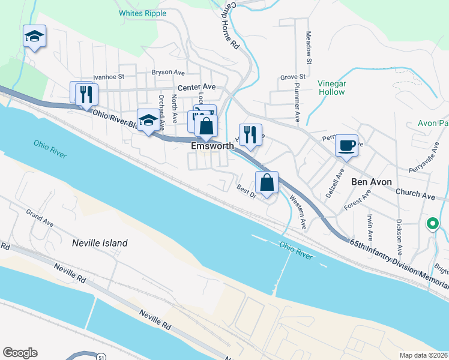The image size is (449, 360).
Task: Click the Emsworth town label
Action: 212,146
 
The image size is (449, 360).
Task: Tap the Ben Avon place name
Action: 371,182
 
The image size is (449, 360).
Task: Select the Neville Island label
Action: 100,243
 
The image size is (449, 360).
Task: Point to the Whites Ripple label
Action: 142,13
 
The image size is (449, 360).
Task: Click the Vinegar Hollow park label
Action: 331,88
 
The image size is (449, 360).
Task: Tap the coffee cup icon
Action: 346,145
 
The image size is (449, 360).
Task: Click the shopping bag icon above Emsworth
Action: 206,126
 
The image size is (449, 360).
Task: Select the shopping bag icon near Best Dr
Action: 267,182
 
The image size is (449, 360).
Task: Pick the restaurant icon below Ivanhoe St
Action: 85,94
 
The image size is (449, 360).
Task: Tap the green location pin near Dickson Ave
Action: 432,224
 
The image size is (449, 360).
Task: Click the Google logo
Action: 20,353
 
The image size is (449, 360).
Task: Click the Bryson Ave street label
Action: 168,72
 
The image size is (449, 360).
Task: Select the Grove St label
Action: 293,77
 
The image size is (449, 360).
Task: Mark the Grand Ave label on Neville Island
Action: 40,217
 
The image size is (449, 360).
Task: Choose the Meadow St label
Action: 309,47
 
